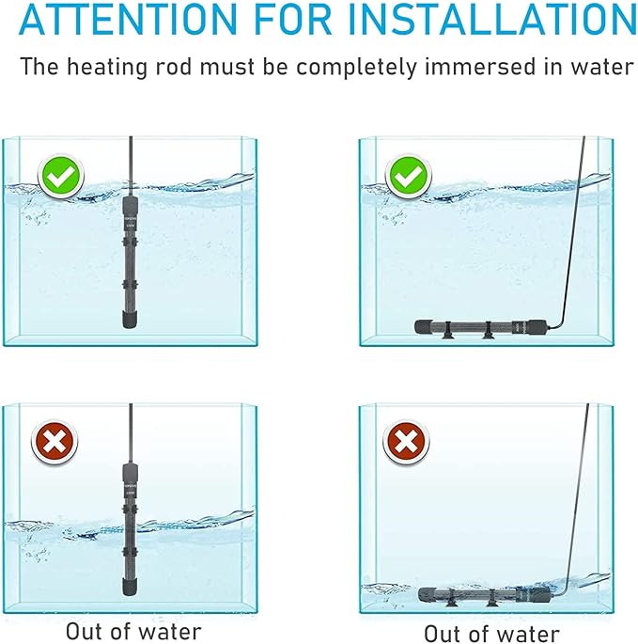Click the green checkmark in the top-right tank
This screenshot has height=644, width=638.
(x=408, y=176)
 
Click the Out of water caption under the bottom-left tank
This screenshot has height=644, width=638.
(x=132, y=630)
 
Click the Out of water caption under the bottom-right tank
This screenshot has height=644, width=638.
(x=492, y=633)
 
